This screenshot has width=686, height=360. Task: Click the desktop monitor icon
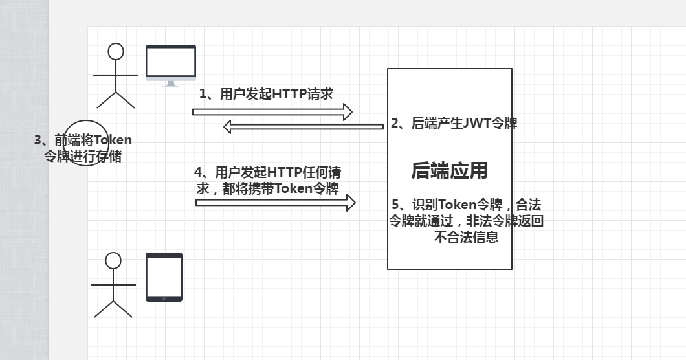coord(170,63)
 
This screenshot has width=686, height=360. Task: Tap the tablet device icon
coord(164,276)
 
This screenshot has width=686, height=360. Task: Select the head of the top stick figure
coord(116,51)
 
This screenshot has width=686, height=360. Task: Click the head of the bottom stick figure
coord(113,260)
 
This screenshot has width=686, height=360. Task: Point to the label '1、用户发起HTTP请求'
coord(266,95)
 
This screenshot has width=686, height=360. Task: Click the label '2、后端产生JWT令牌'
coord(454,123)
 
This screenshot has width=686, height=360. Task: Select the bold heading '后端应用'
coord(449,170)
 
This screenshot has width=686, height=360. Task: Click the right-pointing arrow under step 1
coord(272,112)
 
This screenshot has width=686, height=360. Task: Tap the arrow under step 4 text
coord(276,203)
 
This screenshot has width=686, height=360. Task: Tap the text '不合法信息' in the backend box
coord(466,238)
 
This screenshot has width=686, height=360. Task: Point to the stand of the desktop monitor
coord(170,84)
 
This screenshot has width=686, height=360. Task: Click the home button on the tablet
coord(164,298)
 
